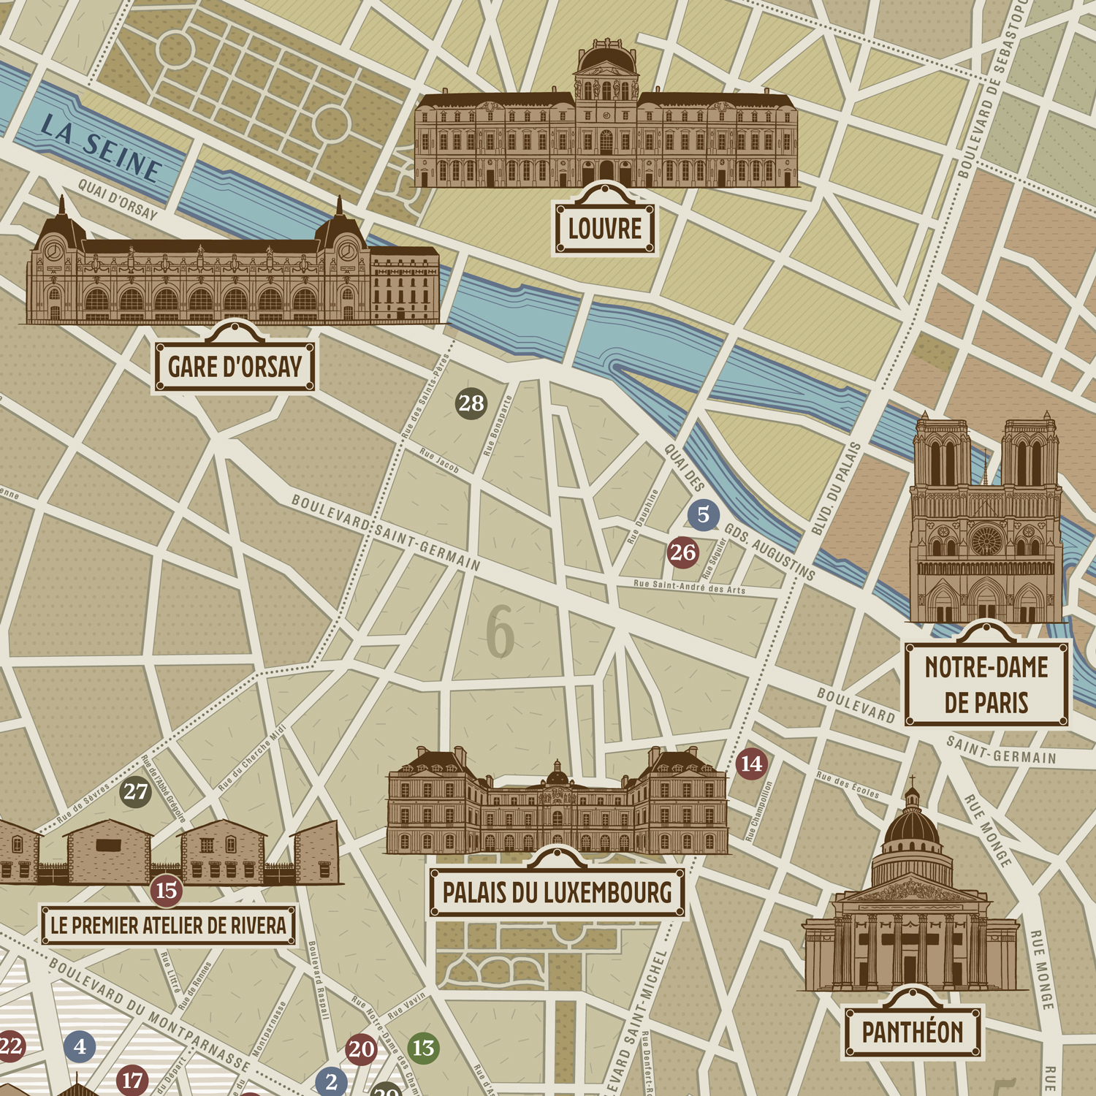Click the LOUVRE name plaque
point(604,229)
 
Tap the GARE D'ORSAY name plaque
point(235,367)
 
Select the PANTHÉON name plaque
point(913,1032)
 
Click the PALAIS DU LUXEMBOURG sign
point(557,892)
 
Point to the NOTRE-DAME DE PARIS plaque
point(986,685)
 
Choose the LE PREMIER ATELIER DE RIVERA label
point(168,926)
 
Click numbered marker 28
point(471,403)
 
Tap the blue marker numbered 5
point(703,514)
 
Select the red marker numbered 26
point(683,552)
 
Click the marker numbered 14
point(751,764)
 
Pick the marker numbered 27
point(136,792)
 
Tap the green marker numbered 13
point(423,1048)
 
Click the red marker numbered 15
point(167,890)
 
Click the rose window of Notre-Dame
point(986,539)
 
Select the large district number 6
point(501,632)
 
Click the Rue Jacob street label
point(439,462)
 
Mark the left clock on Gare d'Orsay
point(53,252)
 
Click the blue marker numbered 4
point(80,1046)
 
